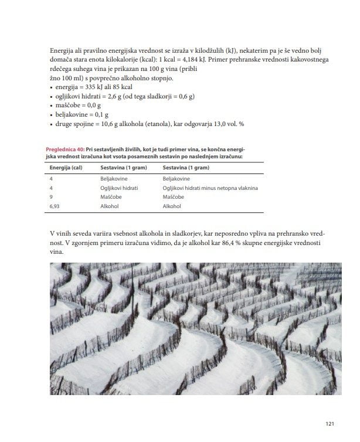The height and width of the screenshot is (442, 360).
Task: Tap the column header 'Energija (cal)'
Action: (x=64, y=168)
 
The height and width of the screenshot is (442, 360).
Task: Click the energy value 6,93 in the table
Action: (x=56, y=207)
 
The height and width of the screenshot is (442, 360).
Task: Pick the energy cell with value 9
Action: (x=52, y=198)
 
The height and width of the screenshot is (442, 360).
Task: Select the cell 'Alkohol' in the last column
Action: (x=172, y=207)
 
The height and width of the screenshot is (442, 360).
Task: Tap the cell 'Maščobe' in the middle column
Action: (x=110, y=198)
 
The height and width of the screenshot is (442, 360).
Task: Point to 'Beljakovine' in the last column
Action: (x=176, y=178)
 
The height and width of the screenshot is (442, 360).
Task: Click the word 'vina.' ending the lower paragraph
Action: (x=57, y=253)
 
